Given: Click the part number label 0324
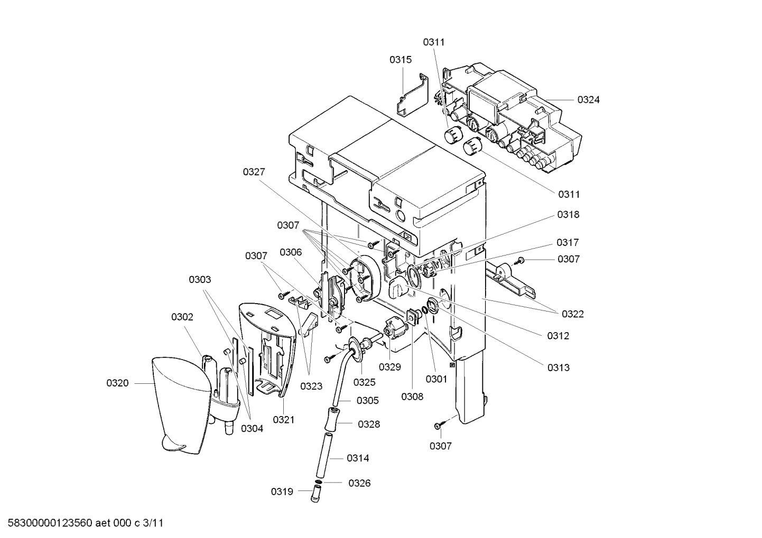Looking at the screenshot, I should coord(588,100).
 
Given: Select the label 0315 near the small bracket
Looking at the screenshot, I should coord(401,60).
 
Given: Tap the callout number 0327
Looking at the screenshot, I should coord(254,172).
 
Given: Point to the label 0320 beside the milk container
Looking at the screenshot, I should coord(117,383).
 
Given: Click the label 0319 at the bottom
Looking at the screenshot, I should coord(282,492).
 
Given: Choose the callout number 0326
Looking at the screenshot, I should coord(359,483).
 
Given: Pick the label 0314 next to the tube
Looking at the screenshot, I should coord(358,458).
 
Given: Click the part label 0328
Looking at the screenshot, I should coord(369,424).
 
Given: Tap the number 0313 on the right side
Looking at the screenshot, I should coord(559,367).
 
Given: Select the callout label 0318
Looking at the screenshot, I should coord(568,214).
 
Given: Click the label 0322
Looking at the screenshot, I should coord(573,314).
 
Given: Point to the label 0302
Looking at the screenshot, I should coord(182,317).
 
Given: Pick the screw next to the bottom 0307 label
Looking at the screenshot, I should coord(439,425).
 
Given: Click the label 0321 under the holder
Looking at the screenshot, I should coord(283,420).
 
